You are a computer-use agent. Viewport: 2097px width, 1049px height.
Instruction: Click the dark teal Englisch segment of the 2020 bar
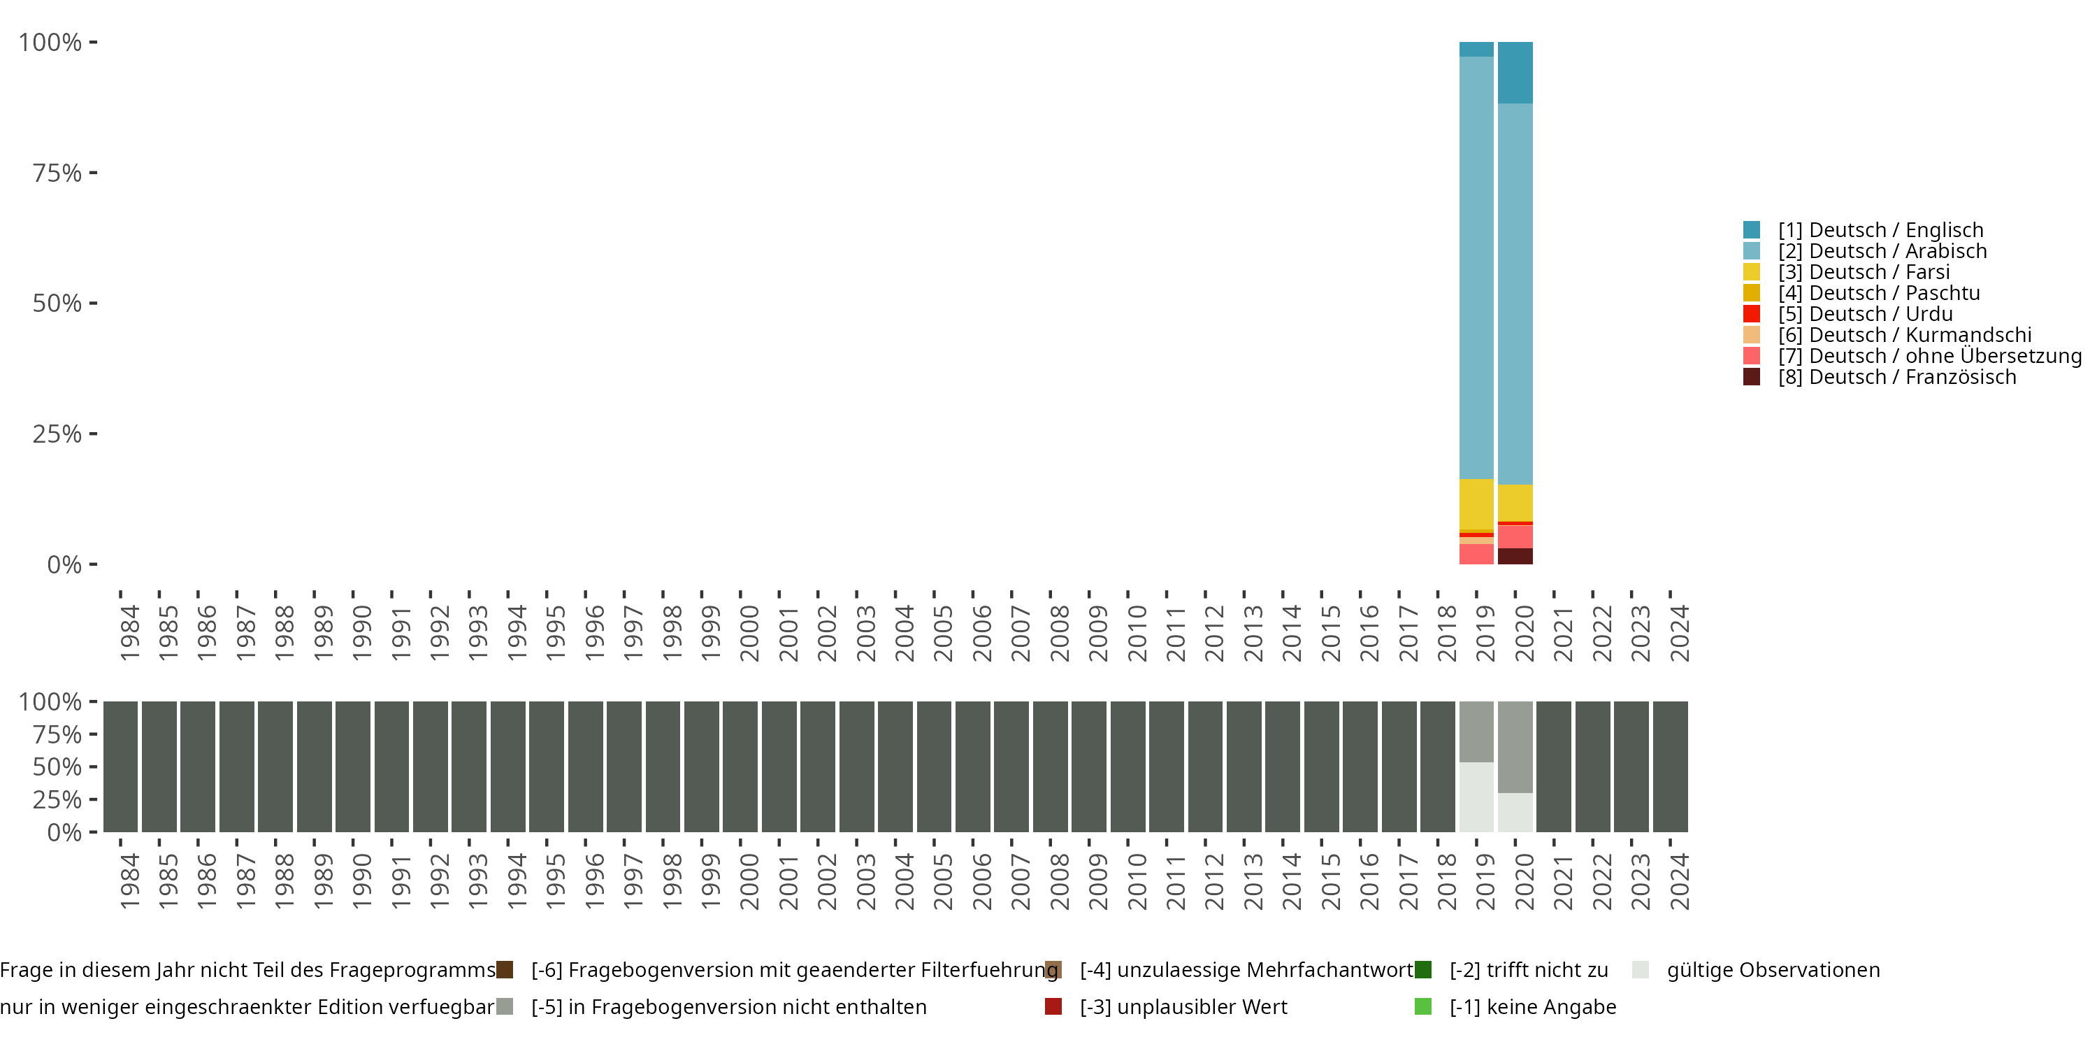1515,73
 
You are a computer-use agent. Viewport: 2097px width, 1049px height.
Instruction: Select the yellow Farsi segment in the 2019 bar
1476,504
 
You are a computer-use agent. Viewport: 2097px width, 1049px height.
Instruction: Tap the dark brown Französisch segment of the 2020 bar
1515,556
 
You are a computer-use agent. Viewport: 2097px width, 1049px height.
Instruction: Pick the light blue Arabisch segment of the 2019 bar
1476,269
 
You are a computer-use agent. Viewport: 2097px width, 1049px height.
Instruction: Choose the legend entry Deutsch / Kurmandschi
1904,336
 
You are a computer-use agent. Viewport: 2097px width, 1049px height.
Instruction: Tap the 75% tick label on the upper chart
57,173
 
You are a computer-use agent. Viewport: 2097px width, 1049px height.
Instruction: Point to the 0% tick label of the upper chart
64,564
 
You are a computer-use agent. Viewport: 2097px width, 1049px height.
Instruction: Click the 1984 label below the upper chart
129,633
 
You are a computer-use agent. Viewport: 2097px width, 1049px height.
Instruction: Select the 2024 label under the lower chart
1678,881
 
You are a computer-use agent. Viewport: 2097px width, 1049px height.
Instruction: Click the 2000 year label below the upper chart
749,633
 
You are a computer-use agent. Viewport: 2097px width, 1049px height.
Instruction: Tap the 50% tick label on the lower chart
57,767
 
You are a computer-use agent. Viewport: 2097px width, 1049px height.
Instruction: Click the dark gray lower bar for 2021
1553,766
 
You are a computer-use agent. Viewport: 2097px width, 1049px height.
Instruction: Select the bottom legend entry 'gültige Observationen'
1773,970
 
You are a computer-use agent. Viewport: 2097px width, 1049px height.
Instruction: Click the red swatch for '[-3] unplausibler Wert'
1053,1006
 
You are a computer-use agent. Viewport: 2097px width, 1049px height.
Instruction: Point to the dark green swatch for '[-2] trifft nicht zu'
1423,970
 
